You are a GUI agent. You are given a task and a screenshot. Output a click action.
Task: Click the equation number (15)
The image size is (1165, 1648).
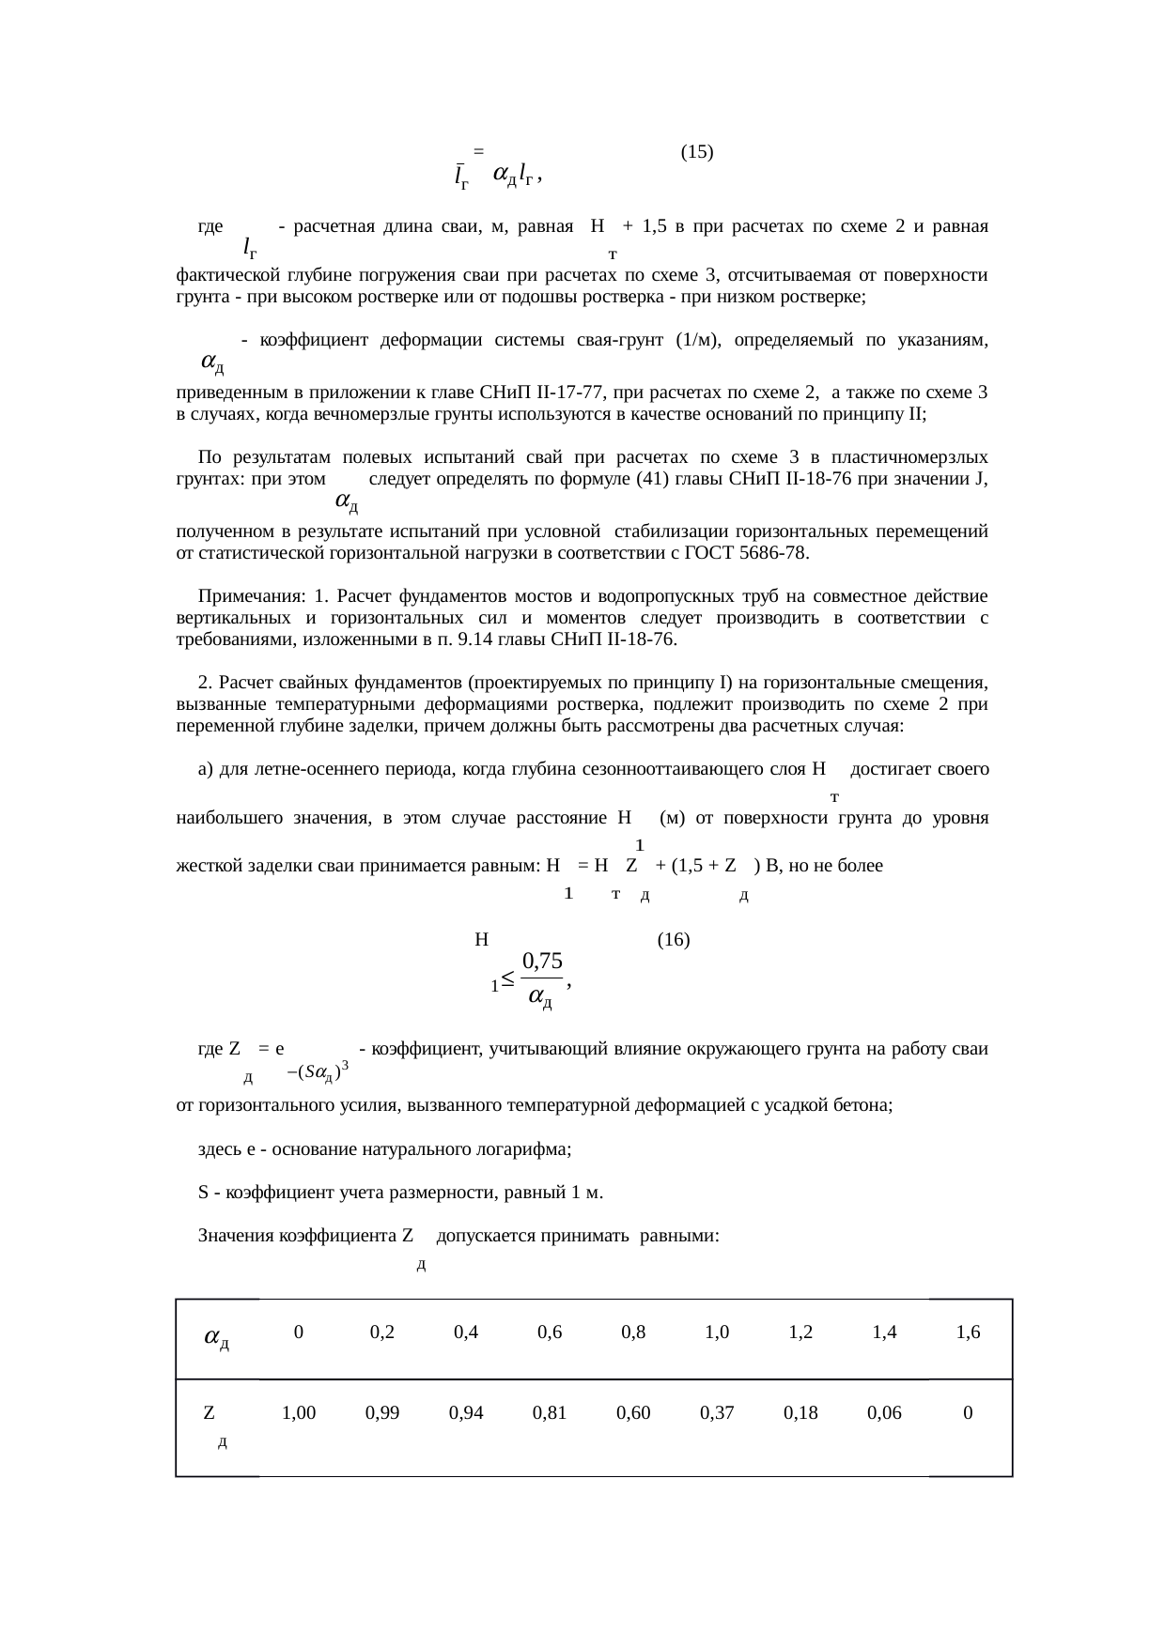[696, 151]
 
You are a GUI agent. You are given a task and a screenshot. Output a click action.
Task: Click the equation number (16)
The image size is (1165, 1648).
[674, 939]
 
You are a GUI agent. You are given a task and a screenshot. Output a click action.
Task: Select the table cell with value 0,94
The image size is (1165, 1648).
[466, 1412]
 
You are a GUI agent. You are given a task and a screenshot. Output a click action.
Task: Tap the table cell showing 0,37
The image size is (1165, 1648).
[717, 1412]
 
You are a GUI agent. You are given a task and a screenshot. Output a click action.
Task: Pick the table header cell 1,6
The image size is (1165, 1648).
[969, 1332]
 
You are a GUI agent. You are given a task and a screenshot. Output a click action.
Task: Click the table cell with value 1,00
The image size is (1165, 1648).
[299, 1412]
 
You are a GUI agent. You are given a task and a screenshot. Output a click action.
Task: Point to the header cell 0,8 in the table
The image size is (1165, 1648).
[633, 1332]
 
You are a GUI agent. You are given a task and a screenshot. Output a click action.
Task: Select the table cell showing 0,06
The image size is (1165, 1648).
[884, 1412]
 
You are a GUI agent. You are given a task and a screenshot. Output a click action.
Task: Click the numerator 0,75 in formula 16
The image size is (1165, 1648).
[542, 961]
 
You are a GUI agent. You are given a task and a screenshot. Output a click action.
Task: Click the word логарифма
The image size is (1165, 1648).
[527, 1149]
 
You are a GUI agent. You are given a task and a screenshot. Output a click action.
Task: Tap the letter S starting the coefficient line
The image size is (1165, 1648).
[203, 1194]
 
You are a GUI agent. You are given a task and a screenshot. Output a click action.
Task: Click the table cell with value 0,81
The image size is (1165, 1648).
[550, 1412]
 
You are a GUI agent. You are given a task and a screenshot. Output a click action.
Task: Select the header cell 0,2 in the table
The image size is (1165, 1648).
[381, 1332]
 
